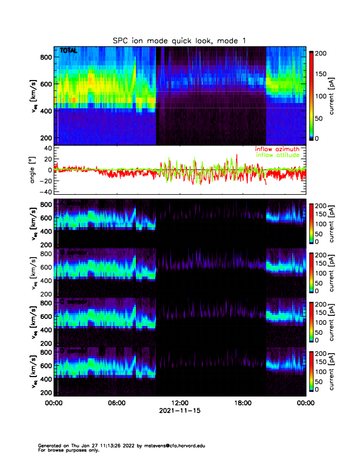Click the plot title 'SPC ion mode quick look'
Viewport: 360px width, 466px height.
tap(179, 40)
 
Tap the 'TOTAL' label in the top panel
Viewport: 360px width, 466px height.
tap(68, 51)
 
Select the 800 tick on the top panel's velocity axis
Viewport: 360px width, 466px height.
tap(46, 57)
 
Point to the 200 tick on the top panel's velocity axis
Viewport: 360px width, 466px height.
tap(46, 138)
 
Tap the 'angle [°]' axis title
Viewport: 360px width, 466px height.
tap(33, 170)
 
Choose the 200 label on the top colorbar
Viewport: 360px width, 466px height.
tap(321, 53)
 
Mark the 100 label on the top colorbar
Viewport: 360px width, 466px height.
tap(321, 95)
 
